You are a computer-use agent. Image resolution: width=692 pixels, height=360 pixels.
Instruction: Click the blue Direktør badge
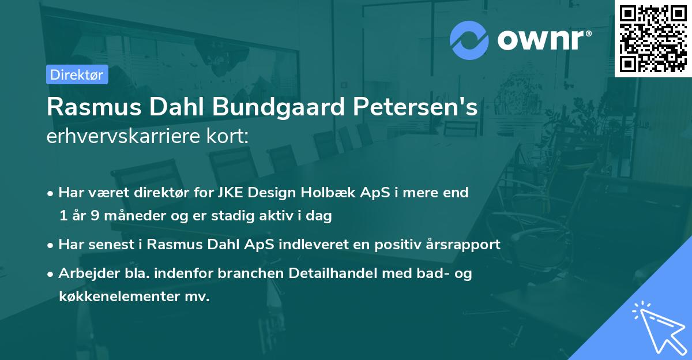click(x=77, y=74)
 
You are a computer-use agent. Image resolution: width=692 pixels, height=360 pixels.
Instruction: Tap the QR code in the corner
click(x=653, y=39)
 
